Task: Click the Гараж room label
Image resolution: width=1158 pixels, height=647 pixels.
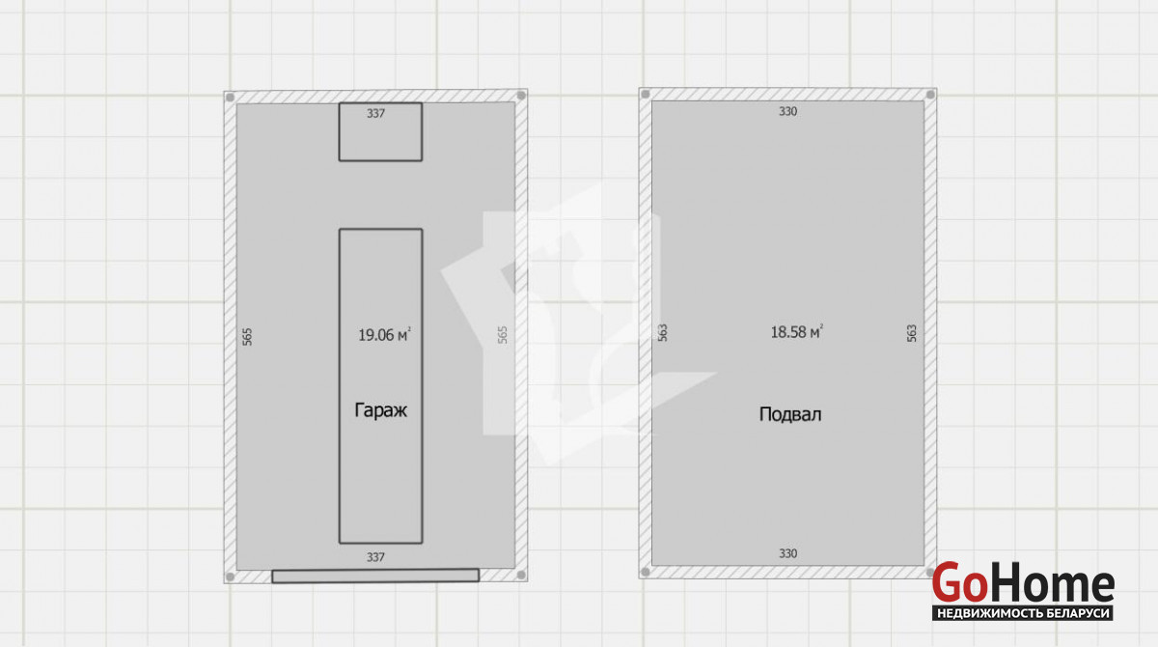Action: (x=381, y=410)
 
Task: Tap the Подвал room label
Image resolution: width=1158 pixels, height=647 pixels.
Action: (x=790, y=414)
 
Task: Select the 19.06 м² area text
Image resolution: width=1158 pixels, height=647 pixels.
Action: (x=384, y=335)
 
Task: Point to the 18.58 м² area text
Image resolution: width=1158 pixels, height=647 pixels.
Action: (x=797, y=331)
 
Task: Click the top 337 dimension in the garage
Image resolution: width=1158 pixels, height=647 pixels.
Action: (x=375, y=113)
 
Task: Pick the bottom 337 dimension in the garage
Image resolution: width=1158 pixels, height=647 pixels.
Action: (x=375, y=557)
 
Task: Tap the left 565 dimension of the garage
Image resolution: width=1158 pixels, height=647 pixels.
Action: (x=248, y=337)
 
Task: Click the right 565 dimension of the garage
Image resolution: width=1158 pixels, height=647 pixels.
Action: (x=503, y=335)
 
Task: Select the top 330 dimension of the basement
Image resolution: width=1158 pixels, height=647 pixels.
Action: (x=787, y=111)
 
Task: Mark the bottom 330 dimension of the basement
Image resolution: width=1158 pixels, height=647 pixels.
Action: (x=787, y=553)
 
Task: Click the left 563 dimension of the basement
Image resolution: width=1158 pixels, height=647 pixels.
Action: (x=663, y=332)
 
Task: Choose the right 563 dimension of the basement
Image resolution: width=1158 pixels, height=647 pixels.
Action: (x=912, y=333)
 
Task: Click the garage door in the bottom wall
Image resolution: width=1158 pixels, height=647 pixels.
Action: (x=375, y=576)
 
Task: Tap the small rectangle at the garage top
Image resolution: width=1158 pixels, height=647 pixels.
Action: (x=380, y=132)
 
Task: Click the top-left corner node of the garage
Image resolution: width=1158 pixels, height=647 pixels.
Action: (x=231, y=98)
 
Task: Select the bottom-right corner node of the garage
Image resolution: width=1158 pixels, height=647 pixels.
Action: (x=521, y=576)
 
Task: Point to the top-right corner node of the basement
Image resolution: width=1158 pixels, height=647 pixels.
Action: (x=930, y=95)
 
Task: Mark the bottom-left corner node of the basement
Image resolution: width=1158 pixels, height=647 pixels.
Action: (x=646, y=572)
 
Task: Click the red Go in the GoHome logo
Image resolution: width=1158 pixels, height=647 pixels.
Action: (x=960, y=582)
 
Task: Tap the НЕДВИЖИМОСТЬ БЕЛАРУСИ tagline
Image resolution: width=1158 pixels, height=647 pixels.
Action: (x=1023, y=613)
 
